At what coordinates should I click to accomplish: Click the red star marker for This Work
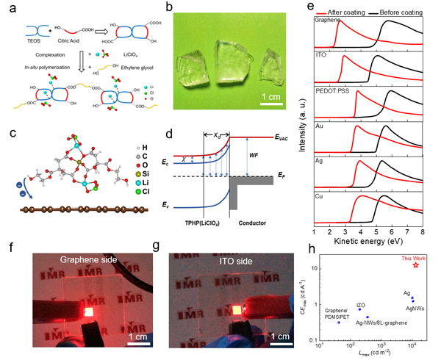pos(415,264)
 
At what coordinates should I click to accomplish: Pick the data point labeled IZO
pos(359,309)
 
